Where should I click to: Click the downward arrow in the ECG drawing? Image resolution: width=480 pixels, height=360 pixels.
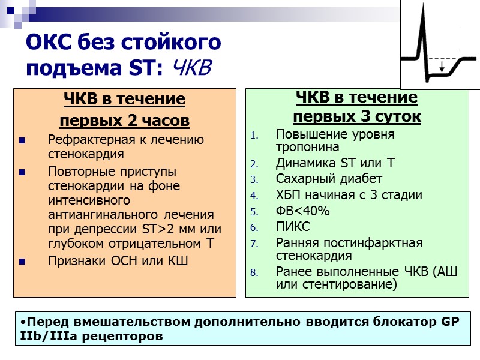pyautogui.click(x=442, y=67)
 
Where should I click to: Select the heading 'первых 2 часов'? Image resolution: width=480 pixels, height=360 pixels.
pyautogui.click(x=124, y=121)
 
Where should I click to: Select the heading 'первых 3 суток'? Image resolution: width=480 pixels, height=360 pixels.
pyautogui.click(x=357, y=116)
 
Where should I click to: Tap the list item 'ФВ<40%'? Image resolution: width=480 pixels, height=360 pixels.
pyautogui.click(x=303, y=211)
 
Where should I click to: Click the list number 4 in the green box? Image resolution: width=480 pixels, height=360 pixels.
pyautogui.click(x=253, y=196)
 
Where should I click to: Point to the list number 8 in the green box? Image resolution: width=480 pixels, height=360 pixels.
pyautogui.click(x=253, y=272)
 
